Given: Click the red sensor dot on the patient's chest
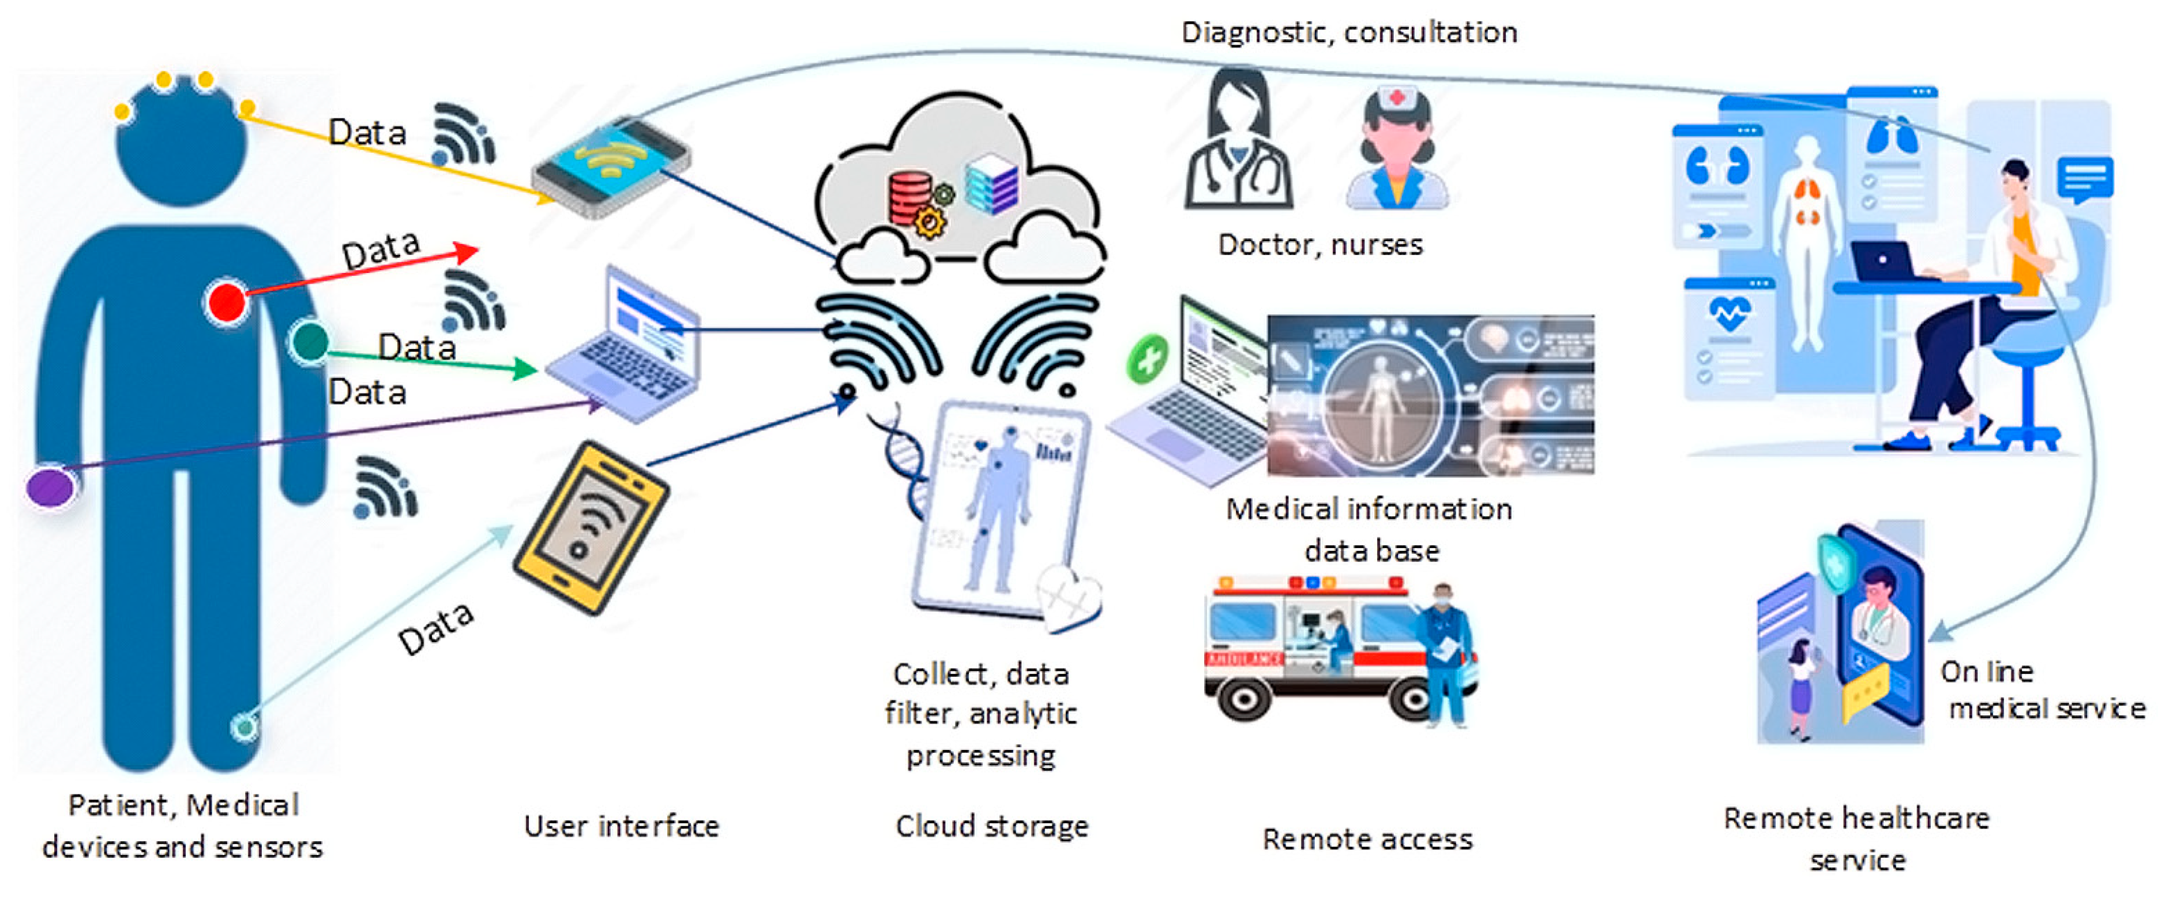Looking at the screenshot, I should point(226,302).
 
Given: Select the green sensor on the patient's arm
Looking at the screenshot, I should point(309,341).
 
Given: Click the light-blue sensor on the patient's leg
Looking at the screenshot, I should point(245,726).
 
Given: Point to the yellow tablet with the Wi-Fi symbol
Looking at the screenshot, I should point(590,527).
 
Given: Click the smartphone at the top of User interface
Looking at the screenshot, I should point(611,168).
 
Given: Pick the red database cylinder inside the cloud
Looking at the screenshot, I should point(910,198).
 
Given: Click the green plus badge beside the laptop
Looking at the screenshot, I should point(1147,359).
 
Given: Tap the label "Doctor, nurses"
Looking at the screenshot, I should point(1320,245).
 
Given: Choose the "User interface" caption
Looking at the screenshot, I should point(622,826).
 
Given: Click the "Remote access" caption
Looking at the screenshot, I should point(1367,839).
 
